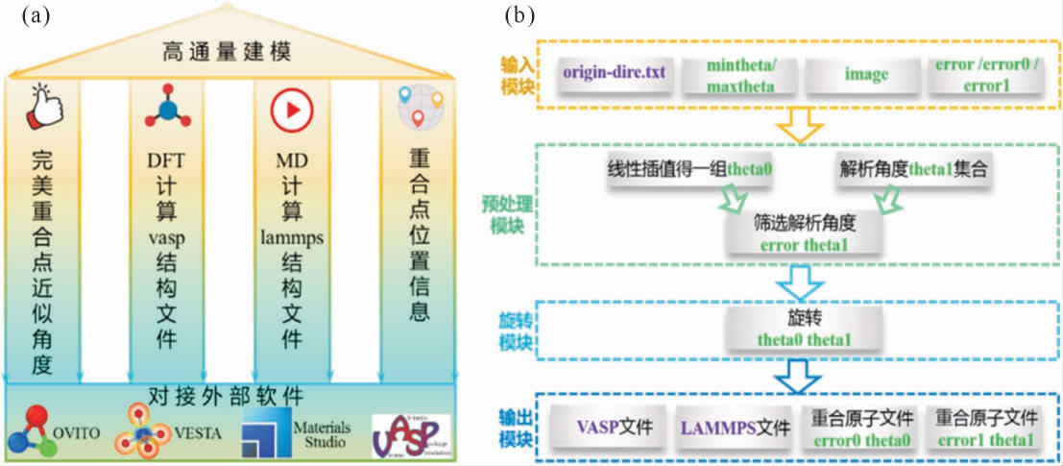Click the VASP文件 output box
pos(610,426)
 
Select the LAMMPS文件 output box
pos(733,426)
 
